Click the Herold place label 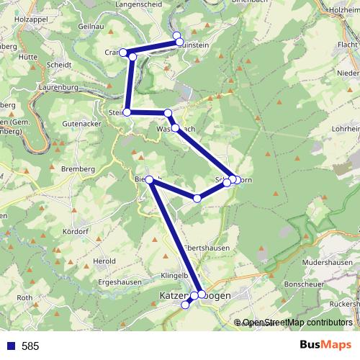coord(104,261)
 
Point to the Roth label coord(25,297)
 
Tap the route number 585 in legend coord(30,346)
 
